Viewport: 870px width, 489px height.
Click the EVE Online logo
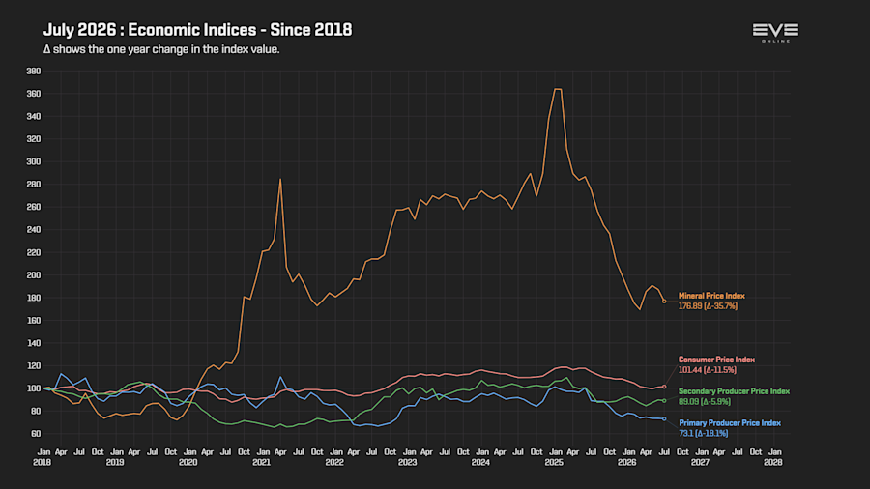775,32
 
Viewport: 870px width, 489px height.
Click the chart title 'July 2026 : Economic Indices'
150,30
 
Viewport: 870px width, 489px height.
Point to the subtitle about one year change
161,49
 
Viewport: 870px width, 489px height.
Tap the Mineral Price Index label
711,296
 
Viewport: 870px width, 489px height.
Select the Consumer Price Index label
716,360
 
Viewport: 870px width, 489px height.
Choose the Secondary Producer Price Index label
734,390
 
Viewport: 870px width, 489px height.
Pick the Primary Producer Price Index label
730,422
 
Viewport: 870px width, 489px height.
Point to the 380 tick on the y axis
33,71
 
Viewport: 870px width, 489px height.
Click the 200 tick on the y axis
33,275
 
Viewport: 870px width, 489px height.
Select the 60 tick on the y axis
36,434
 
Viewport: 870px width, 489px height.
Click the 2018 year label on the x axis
43,462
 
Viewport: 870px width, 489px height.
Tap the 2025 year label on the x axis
554,462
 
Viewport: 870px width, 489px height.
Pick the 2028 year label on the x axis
773,462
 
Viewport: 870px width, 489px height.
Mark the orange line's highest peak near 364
558,89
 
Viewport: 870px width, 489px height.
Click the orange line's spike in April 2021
280,179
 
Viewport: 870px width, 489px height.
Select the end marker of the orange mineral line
664,302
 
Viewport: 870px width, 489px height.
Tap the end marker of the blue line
664,418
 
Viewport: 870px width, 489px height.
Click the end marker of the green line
664,400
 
